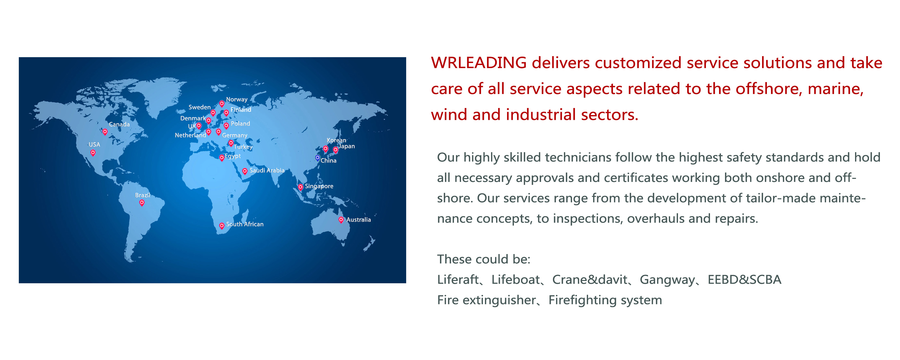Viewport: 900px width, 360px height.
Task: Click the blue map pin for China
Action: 318,158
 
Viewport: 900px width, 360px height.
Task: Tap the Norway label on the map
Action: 236,100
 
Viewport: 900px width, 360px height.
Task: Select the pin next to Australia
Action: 341,220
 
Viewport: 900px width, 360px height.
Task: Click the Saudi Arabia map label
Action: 267,170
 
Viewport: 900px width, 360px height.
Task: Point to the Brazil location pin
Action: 142,203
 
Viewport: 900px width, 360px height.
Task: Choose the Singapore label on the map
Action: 319,186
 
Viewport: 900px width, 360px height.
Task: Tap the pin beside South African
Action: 222,226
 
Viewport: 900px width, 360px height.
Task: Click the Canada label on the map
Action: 119,124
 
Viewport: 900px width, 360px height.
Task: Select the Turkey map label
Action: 243,147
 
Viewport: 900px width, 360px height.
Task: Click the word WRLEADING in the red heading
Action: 479,63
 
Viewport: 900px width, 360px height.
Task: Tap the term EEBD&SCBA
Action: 745,280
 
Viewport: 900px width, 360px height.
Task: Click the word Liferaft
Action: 458,280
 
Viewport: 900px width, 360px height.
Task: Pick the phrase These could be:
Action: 484,259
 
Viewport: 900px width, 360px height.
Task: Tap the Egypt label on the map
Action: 233,156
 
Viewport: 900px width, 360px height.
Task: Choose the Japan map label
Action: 346,146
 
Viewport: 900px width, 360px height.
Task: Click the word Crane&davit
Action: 590,280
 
